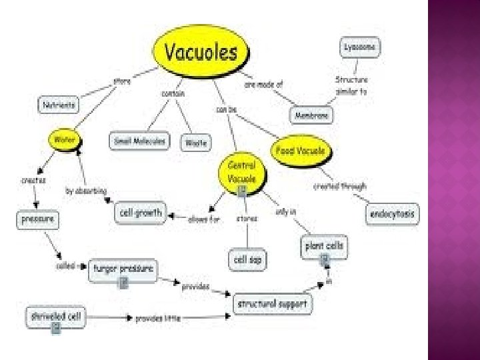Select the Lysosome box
pyautogui.click(x=359, y=47)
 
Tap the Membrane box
pyautogui.click(x=312, y=115)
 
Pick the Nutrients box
pyautogui.click(x=58, y=105)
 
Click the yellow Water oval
pyautogui.click(x=65, y=140)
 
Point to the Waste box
pyautogui.click(x=196, y=142)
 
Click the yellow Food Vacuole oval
pyautogui.click(x=301, y=151)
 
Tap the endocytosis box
pyautogui.click(x=393, y=213)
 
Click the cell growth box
pyautogui.click(x=140, y=212)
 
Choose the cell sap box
pyautogui.click(x=248, y=259)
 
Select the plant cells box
pyautogui.click(x=325, y=247)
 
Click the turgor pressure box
pyautogui.click(x=123, y=269)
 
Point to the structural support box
pyautogui.click(x=273, y=303)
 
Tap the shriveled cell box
pyautogui.click(x=56, y=315)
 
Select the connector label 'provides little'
pyautogui.click(x=158, y=319)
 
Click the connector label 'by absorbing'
pyautogui.click(x=86, y=191)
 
